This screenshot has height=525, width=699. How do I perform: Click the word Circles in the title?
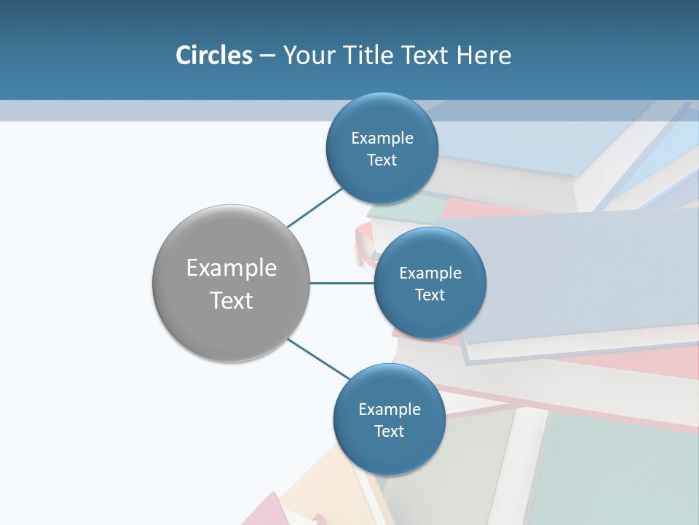213,55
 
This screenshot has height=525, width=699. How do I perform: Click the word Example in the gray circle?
232,268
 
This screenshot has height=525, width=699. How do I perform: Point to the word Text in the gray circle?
232,300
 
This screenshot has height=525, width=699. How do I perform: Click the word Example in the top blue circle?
382,139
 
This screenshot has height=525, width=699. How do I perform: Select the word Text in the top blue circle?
382,160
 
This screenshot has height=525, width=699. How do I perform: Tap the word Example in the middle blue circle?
430,273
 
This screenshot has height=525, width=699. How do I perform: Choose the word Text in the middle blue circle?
430,295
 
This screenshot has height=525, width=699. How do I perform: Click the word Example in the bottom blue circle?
390,410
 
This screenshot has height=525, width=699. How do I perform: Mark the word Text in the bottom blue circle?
390,432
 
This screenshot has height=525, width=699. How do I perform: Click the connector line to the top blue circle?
315,208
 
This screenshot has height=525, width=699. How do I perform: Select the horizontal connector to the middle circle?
341,283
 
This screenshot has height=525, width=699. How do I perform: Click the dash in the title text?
267,56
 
